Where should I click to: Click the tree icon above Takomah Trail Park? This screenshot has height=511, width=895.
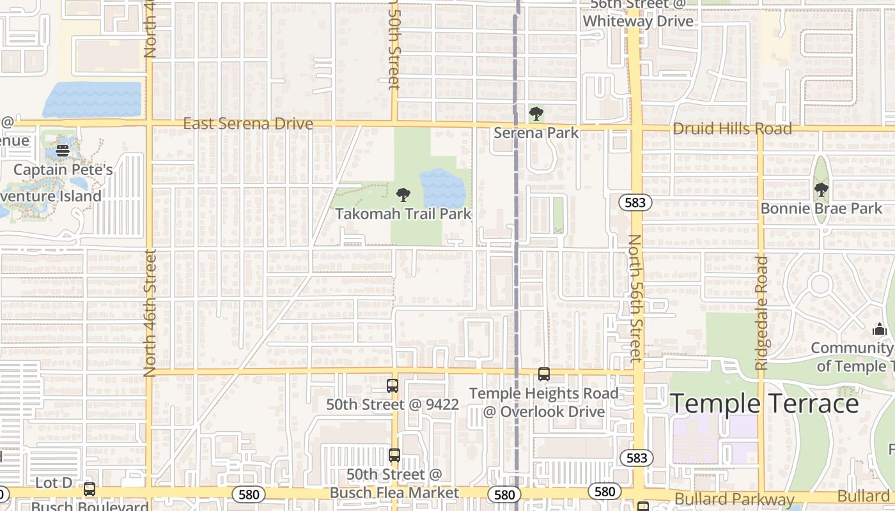tap(403, 194)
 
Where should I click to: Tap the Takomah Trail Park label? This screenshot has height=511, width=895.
tap(403, 214)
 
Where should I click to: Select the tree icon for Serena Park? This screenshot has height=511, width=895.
tap(536, 114)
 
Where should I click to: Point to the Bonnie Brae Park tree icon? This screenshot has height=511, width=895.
tap(821, 190)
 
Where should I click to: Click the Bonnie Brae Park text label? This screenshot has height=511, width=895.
tap(821, 209)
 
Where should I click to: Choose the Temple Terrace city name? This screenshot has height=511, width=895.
tap(764, 404)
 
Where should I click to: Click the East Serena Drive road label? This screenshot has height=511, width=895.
tap(248, 123)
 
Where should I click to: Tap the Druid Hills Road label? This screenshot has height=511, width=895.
tap(732, 128)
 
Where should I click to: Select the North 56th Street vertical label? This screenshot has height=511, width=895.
tap(635, 298)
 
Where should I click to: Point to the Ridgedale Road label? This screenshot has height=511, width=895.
tap(761, 312)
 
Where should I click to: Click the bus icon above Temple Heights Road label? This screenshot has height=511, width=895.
tap(543, 374)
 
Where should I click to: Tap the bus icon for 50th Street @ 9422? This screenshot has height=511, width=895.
tap(393, 386)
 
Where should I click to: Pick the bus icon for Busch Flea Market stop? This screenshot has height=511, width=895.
tap(394, 455)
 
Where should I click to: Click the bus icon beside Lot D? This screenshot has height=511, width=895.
tap(89, 489)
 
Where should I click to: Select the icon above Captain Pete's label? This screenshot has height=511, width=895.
tap(63, 151)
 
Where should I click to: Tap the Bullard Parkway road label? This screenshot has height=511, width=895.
tap(734, 500)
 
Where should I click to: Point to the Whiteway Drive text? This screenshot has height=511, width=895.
tap(637, 21)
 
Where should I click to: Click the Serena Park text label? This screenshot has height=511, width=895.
tap(536, 133)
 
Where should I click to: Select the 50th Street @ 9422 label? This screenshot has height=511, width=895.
tap(393, 405)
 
